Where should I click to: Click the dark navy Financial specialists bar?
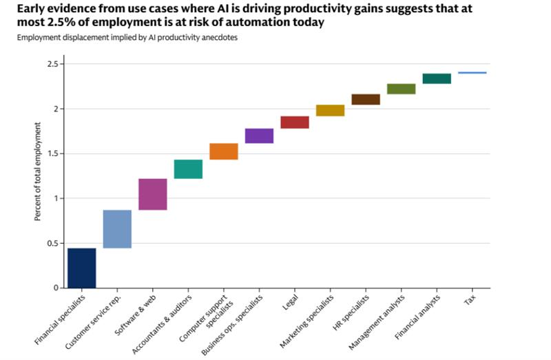click(x=81, y=268)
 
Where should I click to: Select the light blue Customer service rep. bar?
click(x=117, y=229)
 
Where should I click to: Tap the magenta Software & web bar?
click(x=153, y=194)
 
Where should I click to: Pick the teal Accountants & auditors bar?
click(x=188, y=169)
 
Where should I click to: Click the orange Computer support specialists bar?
click(x=224, y=151)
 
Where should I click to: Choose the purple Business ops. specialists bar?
click(x=259, y=136)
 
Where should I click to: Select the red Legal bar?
click(x=295, y=123)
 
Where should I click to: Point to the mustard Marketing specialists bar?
click(x=330, y=110)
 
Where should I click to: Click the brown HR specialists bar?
click(x=366, y=99)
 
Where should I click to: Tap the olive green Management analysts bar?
click(x=401, y=89)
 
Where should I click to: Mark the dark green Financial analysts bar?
click(x=437, y=78)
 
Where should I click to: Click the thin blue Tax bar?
click(x=472, y=72)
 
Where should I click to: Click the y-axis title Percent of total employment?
click(x=38, y=172)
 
